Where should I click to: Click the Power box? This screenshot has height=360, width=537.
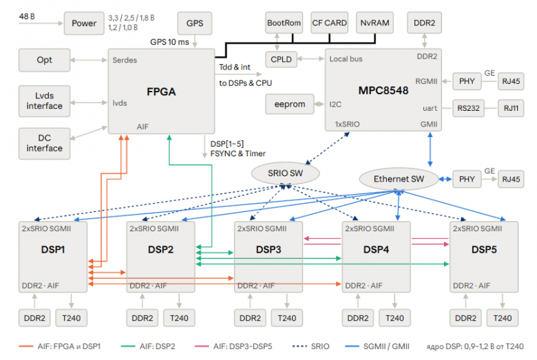(x=84, y=23)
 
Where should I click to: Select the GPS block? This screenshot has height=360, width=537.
(x=195, y=23)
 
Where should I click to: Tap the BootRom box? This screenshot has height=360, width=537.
(x=284, y=23)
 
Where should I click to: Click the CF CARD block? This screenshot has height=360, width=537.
(x=329, y=23)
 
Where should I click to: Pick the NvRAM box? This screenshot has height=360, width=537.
(x=375, y=23)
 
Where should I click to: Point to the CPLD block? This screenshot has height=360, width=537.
(x=281, y=59)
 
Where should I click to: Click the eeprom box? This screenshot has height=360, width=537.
(x=290, y=104)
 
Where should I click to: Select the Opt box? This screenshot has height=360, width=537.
(x=45, y=60)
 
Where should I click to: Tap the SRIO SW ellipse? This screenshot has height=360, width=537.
(x=285, y=173)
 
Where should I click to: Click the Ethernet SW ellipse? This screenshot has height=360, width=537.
(x=399, y=179)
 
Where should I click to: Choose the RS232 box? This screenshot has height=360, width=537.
(x=468, y=108)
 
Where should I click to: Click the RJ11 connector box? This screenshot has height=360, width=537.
(x=511, y=108)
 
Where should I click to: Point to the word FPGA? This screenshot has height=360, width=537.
(x=161, y=92)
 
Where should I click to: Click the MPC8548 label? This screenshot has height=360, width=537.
(x=383, y=90)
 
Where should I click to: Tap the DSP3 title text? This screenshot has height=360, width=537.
(x=268, y=249)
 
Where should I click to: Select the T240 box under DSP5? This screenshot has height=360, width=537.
(x=503, y=318)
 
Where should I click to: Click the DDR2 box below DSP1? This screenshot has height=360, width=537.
(x=34, y=318)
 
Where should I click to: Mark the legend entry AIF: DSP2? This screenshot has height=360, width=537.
(x=148, y=346)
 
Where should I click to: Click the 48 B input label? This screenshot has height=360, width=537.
(x=27, y=17)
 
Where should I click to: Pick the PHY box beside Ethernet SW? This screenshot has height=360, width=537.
(x=467, y=179)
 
